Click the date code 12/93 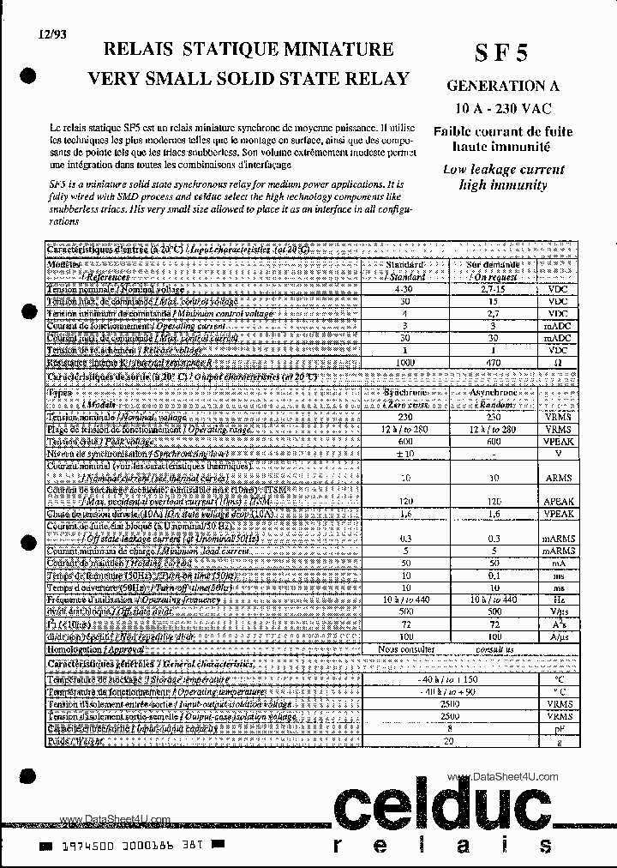tap(51, 34)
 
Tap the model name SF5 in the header tap(501, 53)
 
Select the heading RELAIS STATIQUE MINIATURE tap(248, 50)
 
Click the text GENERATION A tap(497, 86)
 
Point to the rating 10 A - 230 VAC tap(502, 108)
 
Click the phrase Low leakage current tap(503, 170)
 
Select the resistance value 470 tap(493, 363)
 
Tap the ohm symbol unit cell tap(560, 363)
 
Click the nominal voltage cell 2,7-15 tap(493, 291)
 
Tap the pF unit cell tap(560, 727)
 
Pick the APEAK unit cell tap(560, 500)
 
